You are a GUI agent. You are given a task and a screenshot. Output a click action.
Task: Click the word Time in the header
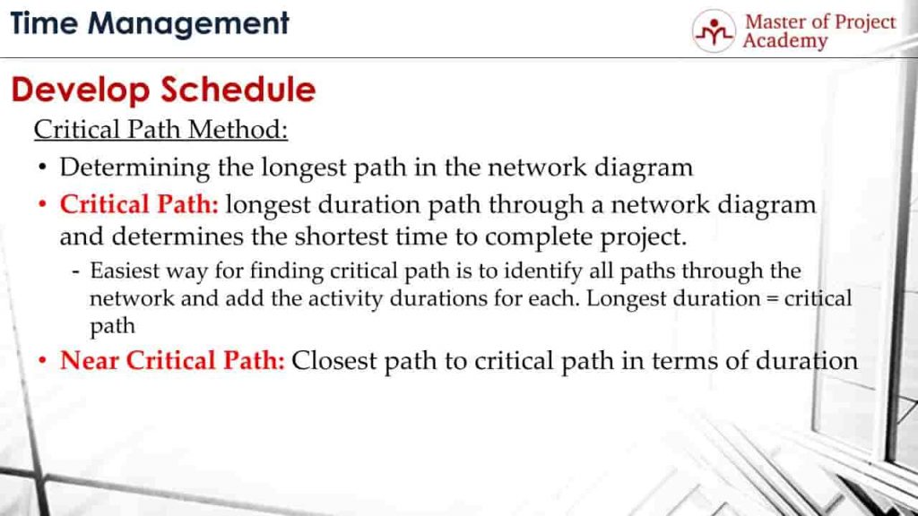pos(44,23)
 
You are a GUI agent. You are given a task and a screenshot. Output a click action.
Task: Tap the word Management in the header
pos(188,25)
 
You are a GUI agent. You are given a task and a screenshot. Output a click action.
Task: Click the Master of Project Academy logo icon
pos(713,31)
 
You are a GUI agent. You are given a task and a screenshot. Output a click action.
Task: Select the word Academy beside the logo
pos(785,41)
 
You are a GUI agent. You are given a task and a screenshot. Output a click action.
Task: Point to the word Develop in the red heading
pos(81,91)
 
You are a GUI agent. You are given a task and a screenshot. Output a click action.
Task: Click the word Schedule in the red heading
pos(238,90)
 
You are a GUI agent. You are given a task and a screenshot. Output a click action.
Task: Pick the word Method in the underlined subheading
pos(238,129)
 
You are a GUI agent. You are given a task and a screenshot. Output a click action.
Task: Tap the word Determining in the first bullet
pos(134,168)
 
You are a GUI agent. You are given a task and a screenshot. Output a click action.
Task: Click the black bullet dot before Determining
pos(42,168)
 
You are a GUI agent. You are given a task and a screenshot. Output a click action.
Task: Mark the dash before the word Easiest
pos(75,272)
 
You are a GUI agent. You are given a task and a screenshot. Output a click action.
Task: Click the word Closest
pos(333,360)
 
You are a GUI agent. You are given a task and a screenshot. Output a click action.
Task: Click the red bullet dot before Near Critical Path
pos(42,361)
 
